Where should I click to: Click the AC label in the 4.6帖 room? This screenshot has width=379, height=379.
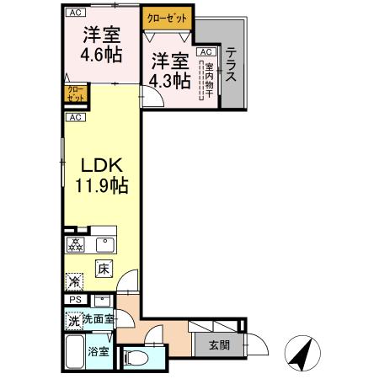75,13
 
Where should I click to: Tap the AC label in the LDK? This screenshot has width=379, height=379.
75,117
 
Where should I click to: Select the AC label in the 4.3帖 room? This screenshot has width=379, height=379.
205,52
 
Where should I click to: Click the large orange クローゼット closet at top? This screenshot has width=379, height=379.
167,17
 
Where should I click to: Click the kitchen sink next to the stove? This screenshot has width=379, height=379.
105,246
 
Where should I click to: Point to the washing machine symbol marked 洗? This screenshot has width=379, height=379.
73,320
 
